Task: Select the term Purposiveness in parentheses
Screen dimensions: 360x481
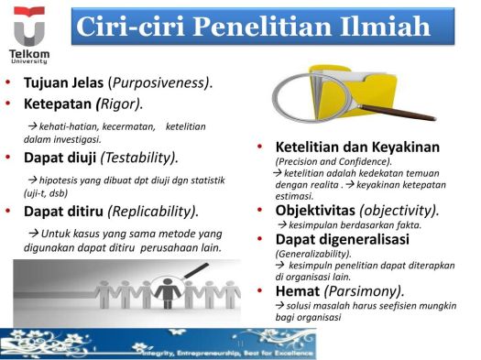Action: pos(162,83)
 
